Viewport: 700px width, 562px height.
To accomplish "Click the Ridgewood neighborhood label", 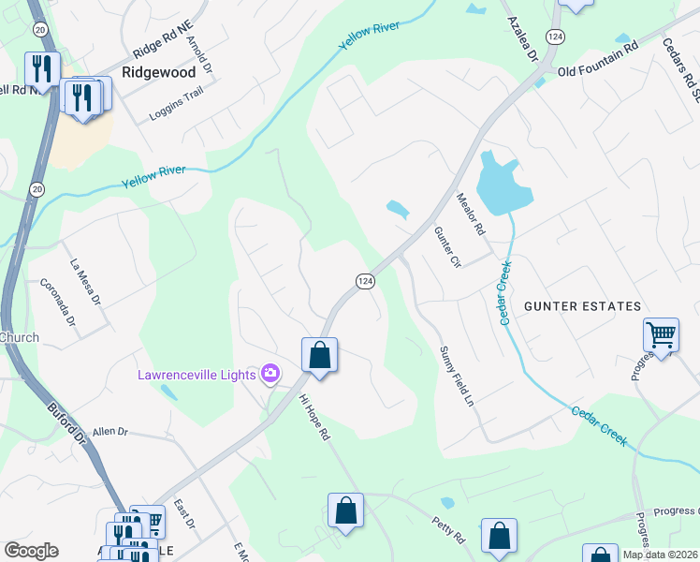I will (159, 72).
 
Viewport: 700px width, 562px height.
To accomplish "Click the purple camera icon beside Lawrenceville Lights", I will (270, 375).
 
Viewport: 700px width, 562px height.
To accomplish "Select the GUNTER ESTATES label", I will (582, 306).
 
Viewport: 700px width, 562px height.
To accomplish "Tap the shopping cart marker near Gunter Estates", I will (661, 335).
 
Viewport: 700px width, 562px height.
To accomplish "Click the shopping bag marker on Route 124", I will (319, 356).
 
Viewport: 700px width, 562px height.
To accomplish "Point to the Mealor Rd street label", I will (470, 214).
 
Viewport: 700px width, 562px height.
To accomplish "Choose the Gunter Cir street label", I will (447, 248).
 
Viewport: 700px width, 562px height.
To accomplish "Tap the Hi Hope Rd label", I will (314, 417).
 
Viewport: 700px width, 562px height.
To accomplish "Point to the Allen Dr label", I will (109, 431).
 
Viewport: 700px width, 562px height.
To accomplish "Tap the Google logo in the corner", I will (31, 551).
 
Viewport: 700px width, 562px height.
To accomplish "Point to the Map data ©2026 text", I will (660, 555).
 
